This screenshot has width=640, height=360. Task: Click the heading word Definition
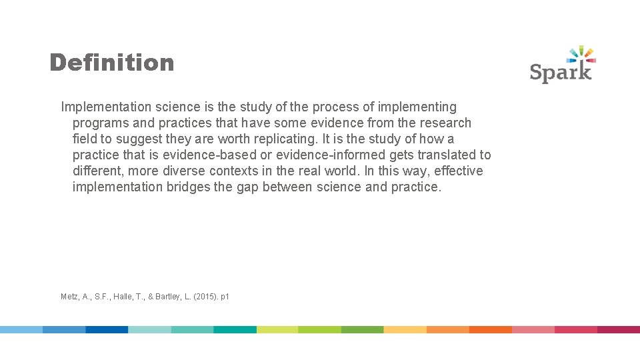[111, 63]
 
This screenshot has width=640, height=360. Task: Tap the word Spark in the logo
[561, 71]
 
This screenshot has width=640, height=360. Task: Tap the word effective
[459, 171]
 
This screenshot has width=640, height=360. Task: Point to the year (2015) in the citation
[205, 297]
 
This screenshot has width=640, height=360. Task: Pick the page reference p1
[225, 297]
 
